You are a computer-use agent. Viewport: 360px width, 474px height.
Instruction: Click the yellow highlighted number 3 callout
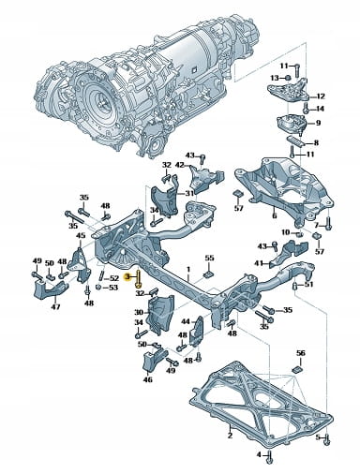[x=127, y=277]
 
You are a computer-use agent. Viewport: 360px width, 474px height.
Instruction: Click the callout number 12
[x=321, y=96]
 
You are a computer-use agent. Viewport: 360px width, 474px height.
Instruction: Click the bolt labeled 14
[x=307, y=109]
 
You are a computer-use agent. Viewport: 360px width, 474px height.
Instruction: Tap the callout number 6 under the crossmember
[x=275, y=215]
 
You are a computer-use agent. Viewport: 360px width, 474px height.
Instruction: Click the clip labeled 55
[x=208, y=274]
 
